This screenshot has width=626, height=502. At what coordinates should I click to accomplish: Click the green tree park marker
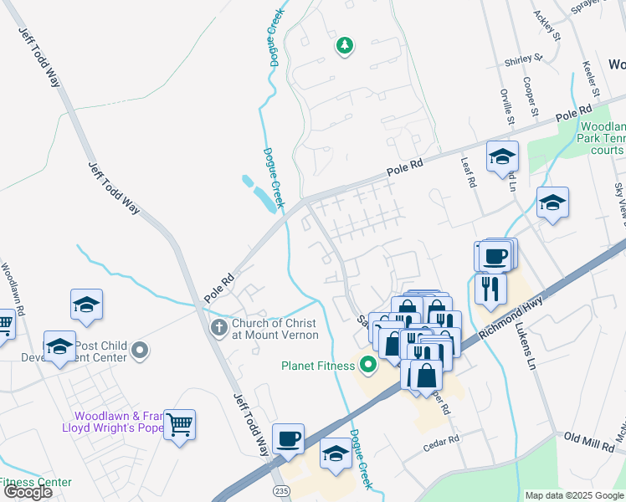coord(344,45)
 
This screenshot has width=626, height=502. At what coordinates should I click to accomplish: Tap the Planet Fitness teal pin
coord(367,364)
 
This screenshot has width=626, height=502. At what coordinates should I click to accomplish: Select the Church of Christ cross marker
coord(219,327)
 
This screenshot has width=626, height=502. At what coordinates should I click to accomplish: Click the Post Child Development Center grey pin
coord(140,351)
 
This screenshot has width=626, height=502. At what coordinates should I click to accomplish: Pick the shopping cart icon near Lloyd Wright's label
coord(179,426)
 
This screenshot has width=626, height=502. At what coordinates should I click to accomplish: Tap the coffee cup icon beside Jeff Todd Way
coord(288,439)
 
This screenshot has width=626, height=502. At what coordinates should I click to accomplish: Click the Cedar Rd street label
coord(443,440)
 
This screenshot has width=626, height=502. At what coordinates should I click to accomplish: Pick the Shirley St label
coord(523,61)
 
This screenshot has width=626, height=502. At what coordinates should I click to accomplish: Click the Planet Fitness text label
coord(316,365)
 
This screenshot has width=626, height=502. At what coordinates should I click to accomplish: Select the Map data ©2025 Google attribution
coord(573,495)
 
